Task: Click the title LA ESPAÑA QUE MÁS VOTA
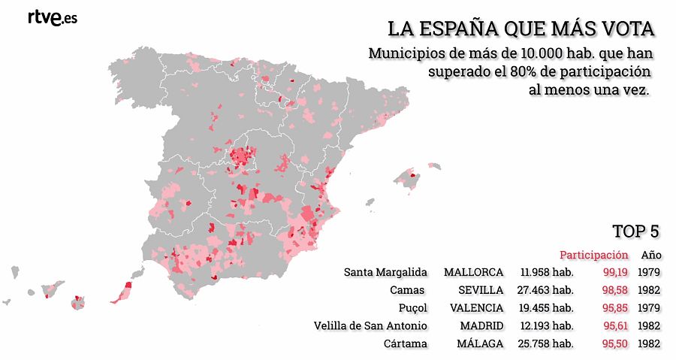521,29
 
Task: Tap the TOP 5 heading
636,231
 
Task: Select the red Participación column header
593,255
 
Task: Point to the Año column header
650,255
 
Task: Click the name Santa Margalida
385,271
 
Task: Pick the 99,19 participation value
615,271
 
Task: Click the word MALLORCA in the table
473,271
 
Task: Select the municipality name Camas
407,289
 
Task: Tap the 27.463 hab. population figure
546,289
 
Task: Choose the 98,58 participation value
615,289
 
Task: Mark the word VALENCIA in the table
476,307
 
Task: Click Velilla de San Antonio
370,325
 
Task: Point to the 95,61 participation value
615,325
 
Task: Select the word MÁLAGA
480,343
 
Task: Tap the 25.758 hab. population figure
546,343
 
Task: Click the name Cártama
406,343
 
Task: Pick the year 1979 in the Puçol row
649,307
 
